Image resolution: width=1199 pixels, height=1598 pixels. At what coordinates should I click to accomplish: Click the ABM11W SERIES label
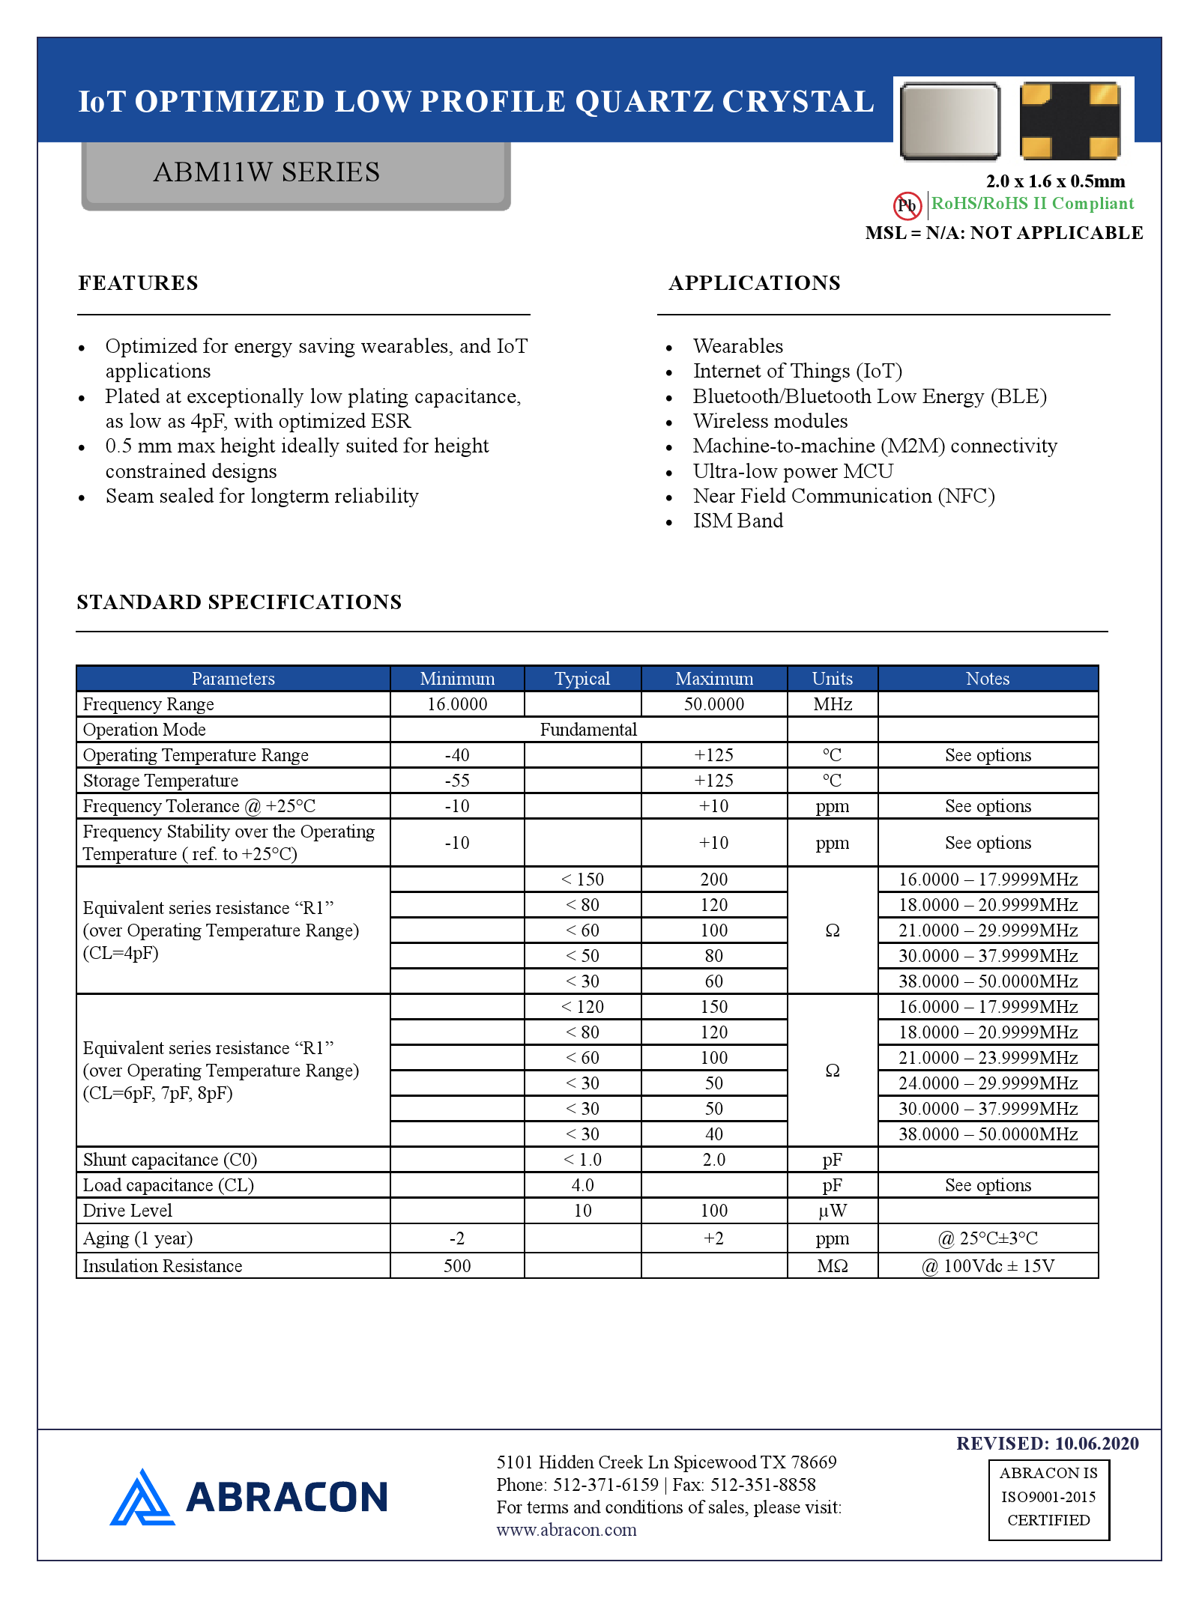click(x=266, y=172)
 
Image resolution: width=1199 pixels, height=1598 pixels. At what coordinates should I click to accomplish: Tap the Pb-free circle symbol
click(x=907, y=205)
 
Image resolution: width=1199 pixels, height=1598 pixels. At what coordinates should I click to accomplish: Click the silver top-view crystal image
click(x=949, y=121)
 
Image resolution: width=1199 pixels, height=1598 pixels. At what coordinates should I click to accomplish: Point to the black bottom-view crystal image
click(x=1069, y=121)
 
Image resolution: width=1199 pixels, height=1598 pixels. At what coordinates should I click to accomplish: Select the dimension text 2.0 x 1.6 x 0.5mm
click(x=1055, y=181)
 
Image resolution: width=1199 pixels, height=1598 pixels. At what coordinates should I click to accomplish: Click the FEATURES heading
click(x=139, y=283)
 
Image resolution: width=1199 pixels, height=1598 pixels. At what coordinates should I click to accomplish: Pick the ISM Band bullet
click(x=737, y=521)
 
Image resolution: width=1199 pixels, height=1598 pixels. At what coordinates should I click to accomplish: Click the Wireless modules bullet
click(x=770, y=421)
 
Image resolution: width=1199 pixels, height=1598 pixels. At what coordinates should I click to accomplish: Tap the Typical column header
click(x=582, y=679)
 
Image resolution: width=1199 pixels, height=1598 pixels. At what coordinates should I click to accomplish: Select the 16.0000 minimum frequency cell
click(x=457, y=704)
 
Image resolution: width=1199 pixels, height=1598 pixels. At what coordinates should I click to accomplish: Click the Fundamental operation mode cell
click(x=588, y=730)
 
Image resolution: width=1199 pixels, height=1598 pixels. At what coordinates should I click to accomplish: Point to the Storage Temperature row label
click(x=160, y=781)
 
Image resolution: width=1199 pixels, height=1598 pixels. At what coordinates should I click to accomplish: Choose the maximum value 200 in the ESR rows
click(x=713, y=880)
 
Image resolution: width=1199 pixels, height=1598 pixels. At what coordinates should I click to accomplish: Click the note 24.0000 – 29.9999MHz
click(x=988, y=1083)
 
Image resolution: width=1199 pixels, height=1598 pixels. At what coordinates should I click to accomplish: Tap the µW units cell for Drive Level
click(x=832, y=1211)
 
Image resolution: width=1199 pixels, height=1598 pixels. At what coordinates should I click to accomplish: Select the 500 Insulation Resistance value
click(x=457, y=1266)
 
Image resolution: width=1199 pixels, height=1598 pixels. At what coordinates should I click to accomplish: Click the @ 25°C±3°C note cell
click(x=988, y=1238)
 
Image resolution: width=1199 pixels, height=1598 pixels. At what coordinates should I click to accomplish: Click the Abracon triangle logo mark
click(x=142, y=1498)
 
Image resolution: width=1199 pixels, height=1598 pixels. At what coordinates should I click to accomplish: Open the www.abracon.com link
click(x=567, y=1530)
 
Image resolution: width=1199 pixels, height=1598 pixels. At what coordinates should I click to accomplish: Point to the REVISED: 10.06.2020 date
click(x=1047, y=1444)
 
